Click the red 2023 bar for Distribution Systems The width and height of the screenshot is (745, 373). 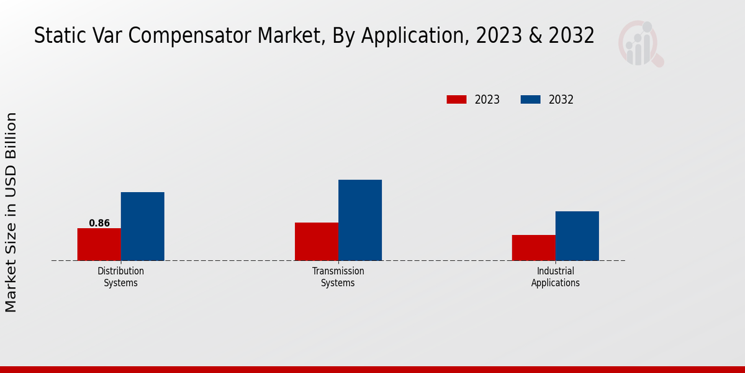click(99, 244)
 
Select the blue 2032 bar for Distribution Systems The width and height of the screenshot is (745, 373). click(143, 226)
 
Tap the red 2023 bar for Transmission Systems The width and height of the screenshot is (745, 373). click(317, 241)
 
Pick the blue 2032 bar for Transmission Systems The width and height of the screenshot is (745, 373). click(360, 220)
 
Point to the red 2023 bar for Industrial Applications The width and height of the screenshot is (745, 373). click(534, 247)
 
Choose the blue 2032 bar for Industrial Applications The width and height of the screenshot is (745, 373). click(577, 236)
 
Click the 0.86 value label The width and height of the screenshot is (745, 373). click(99, 223)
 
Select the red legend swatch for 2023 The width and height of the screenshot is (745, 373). click(456, 99)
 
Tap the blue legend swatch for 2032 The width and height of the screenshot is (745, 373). click(530, 99)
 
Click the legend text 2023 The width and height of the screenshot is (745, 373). click(487, 99)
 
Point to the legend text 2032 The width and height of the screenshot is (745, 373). click(561, 99)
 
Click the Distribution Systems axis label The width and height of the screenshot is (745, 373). click(121, 277)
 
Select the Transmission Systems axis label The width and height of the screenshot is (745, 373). click(338, 277)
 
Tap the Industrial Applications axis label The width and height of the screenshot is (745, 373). click(556, 277)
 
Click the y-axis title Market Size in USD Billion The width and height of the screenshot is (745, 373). click(11, 213)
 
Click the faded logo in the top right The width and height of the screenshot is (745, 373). click(640, 44)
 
